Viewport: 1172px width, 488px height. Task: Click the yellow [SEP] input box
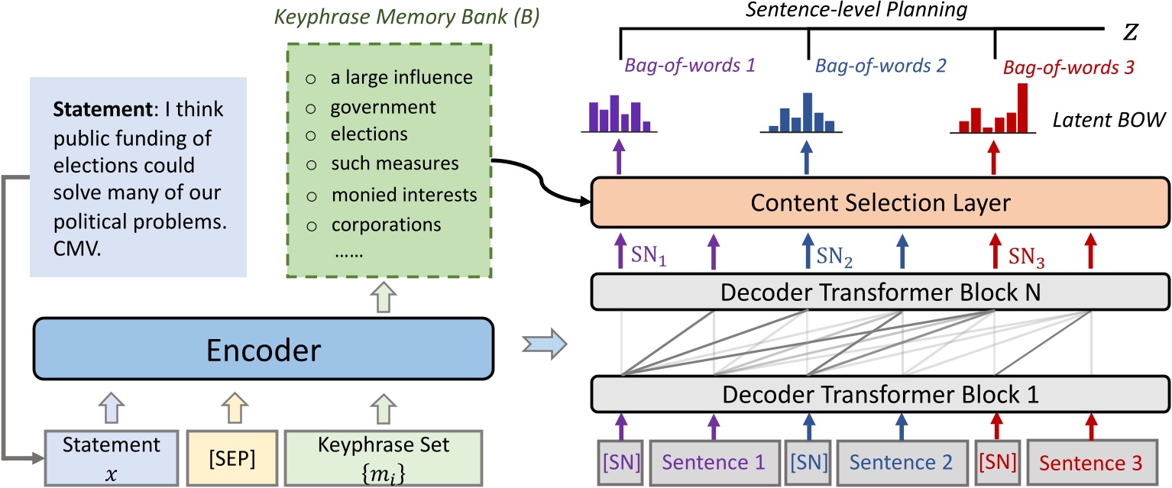click(x=235, y=457)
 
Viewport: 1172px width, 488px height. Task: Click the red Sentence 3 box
click(x=1090, y=462)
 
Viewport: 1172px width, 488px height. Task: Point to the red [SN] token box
click(x=995, y=462)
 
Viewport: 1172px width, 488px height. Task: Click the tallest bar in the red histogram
click(x=1022, y=107)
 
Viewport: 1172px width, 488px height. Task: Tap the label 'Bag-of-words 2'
click(x=869, y=66)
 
